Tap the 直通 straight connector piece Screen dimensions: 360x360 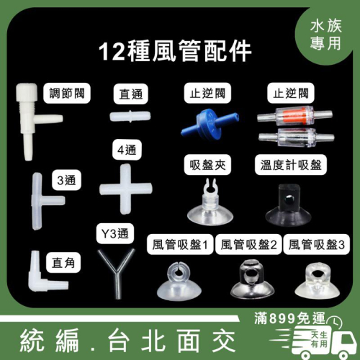pyautogui.click(x=130, y=117)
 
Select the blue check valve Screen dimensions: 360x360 pyautogui.click(x=210, y=124)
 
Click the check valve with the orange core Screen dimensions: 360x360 pyautogui.click(x=294, y=116)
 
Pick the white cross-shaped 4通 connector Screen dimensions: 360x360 pyautogui.click(x=126, y=189)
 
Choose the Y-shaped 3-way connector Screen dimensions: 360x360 pyautogui.click(x=117, y=272)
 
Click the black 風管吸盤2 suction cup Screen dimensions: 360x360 pyautogui.click(x=252, y=279)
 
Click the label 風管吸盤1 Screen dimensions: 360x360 pyautogui.click(x=180, y=245)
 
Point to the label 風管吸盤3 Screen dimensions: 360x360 pyautogui.click(x=317, y=245)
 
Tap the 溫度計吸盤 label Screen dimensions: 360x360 pyautogui.click(x=291, y=165)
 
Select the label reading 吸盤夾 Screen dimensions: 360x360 pyautogui.click(x=207, y=165)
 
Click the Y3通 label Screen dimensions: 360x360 pyautogui.click(x=115, y=233)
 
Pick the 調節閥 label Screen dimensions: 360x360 pyautogui.click(x=67, y=93)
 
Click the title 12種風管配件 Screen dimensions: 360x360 pyautogui.click(x=175, y=51)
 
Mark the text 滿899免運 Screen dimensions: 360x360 pyautogui.click(x=289, y=318)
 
